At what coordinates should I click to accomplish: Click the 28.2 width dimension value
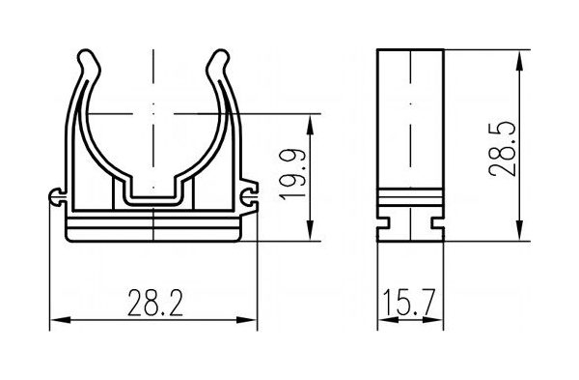pos(155,303)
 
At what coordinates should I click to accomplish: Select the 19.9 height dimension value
pos(292,175)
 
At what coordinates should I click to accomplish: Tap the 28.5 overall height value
pos(502,148)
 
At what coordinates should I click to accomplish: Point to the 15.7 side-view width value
pos(409,303)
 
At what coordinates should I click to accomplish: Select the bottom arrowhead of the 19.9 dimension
pos(310,230)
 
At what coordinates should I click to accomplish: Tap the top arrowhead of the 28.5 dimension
pos(519,60)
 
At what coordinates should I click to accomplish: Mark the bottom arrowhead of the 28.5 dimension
pos(519,230)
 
